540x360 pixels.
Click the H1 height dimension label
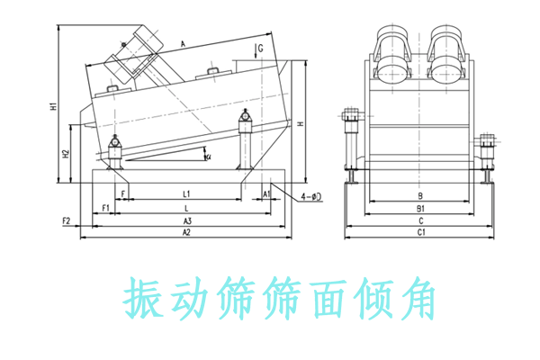(x=54, y=107)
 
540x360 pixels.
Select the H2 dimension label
(x=67, y=153)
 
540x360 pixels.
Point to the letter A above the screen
(x=183, y=43)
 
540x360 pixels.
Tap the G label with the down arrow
(x=260, y=47)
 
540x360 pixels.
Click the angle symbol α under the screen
(x=209, y=157)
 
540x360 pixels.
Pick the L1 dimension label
(x=186, y=193)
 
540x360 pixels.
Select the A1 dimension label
(x=266, y=193)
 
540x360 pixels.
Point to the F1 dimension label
(x=104, y=207)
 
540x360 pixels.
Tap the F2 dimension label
(x=66, y=220)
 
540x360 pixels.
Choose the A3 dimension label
(x=186, y=220)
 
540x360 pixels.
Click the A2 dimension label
(x=186, y=232)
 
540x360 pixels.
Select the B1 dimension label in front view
(x=419, y=207)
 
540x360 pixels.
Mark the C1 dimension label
(x=419, y=232)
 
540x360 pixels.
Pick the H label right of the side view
(x=300, y=123)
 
